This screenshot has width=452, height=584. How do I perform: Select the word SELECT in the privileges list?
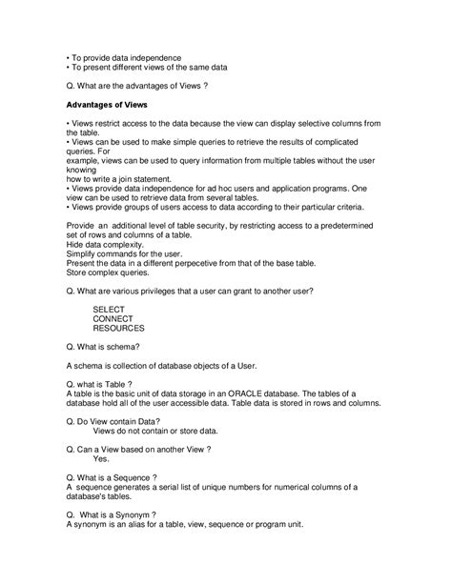pos(109,310)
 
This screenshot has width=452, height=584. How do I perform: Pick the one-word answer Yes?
pos(102,459)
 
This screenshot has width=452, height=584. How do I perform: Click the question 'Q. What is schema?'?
pos(104,348)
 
